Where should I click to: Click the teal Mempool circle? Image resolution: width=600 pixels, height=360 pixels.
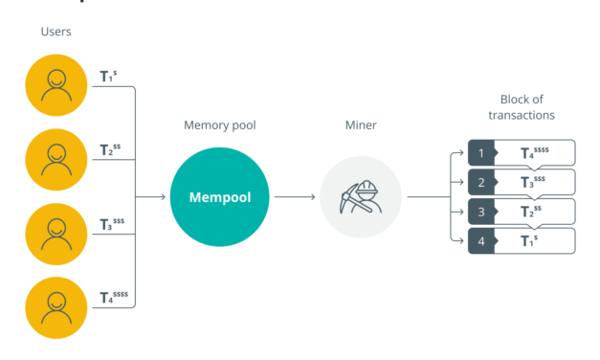[x=220, y=197]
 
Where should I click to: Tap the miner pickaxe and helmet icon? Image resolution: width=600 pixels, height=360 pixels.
[x=360, y=197]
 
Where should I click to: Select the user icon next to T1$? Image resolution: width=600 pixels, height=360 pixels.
[x=56, y=83]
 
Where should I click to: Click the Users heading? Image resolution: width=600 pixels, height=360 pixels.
[x=56, y=33]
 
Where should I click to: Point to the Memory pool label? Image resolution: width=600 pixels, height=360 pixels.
[x=220, y=125]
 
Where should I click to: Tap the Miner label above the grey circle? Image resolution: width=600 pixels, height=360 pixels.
[x=360, y=125]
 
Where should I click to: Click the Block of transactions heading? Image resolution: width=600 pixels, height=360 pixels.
[x=527, y=107]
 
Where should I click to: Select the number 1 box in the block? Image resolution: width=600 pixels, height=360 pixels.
[x=480, y=152]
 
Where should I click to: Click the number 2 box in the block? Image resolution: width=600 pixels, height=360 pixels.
[x=480, y=182]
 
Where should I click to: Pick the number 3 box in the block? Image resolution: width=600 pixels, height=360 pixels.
[x=480, y=212]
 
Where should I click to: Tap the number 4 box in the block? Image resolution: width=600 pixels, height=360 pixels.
[x=480, y=241]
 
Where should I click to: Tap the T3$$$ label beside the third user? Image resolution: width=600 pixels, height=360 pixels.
[x=112, y=225]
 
